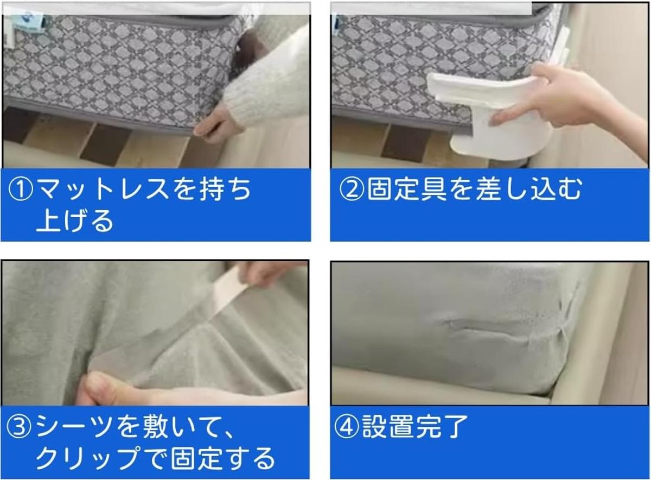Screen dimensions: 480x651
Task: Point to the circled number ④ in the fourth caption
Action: pyautogui.click(x=346, y=428)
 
